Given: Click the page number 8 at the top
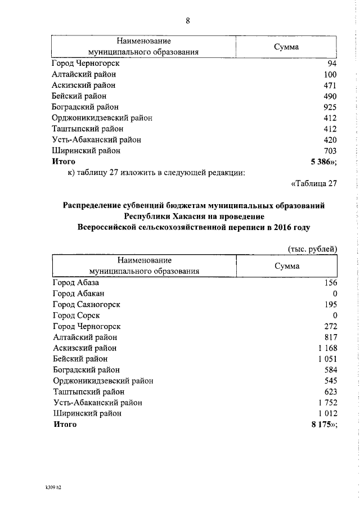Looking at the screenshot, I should click(188, 21).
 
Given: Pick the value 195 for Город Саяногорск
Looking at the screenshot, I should click(330, 304).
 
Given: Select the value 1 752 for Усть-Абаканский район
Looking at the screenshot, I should click(327, 402).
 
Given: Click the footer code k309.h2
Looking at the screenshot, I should click(53, 487).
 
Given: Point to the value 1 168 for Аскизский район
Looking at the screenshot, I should click(327, 348).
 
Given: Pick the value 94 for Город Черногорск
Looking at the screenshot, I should click(332, 64).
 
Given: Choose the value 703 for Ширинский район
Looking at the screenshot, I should click(330, 151).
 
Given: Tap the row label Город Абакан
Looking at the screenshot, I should click(78, 294).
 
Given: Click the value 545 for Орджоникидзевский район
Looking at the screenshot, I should click(330, 381).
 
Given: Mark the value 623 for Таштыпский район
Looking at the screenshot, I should click(330, 391).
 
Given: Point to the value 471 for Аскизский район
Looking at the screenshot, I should click(330, 85).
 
